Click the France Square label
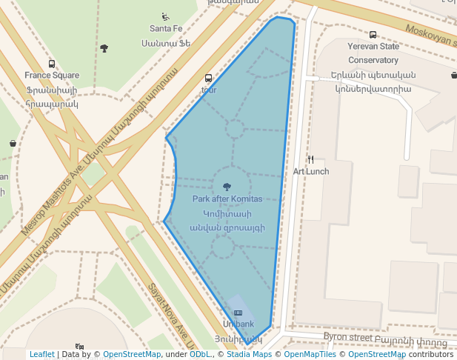pyautogui.click(x=52, y=76)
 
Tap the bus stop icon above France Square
pyautogui.click(x=52, y=64)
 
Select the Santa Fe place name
pyautogui.click(x=166, y=29)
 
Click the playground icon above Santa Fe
pyautogui.click(x=165, y=16)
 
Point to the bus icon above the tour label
pyautogui.click(x=208, y=79)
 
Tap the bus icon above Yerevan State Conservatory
pyautogui.click(x=373, y=35)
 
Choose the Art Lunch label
pyautogui.click(x=311, y=171)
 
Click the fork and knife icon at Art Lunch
pyautogui.click(x=311, y=159)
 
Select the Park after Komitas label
pyautogui.click(x=227, y=199)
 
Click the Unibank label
pyautogui.click(x=238, y=324)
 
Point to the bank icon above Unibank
pyautogui.click(x=238, y=313)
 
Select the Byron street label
pyautogui.click(x=348, y=337)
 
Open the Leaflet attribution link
pyautogui.click(x=42, y=354)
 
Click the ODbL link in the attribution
pyautogui.click(x=200, y=354)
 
